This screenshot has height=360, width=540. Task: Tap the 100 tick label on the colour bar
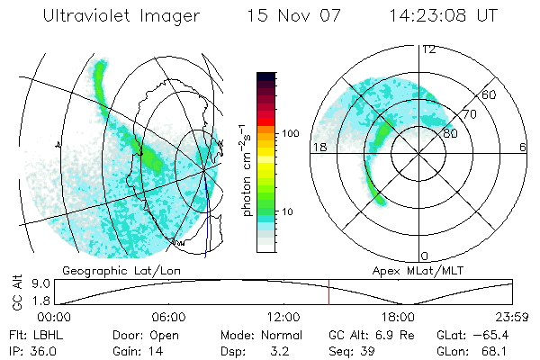pyautogui.click(x=289, y=133)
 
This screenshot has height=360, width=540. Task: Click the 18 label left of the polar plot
pyautogui.click(x=318, y=147)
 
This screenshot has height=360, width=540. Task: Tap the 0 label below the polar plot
pyautogui.click(x=425, y=256)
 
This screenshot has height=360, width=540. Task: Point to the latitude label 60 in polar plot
pyautogui.click(x=490, y=94)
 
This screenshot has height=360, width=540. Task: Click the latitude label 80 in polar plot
pyautogui.click(x=451, y=133)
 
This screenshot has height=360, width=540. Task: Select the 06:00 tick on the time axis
pyautogui.click(x=168, y=317)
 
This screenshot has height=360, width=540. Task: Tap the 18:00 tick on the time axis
pyautogui.click(x=398, y=317)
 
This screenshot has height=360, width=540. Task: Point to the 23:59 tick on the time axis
pyautogui.click(x=510, y=317)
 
